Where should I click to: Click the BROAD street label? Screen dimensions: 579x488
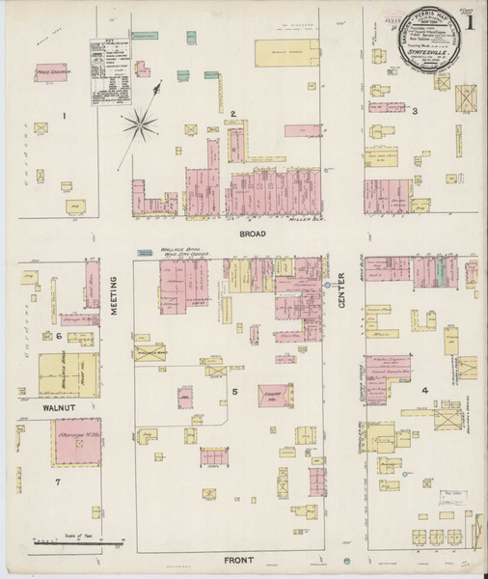[255, 234]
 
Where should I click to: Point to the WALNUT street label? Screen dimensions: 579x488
[58, 409]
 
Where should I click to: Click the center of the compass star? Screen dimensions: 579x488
[143, 123]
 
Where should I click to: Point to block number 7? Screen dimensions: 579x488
[58, 480]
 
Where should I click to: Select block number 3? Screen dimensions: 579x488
[415, 112]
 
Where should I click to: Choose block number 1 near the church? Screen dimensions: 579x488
[65, 117]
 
